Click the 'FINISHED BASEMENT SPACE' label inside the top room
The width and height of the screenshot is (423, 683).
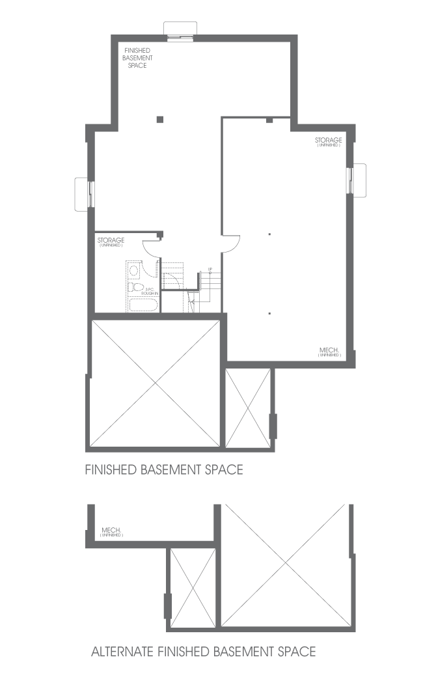click(137, 57)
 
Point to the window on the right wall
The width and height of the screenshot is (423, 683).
click(357, 178)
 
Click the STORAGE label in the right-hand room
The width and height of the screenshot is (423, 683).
click(328, 142)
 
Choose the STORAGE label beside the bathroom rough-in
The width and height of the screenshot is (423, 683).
click(111, 242)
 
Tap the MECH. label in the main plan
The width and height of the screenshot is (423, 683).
click(329, 352)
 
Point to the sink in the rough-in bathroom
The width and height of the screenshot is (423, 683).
click(134, 270)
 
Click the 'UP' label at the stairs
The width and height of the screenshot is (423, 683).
click(210, 269)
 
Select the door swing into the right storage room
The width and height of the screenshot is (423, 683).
click(232, 244)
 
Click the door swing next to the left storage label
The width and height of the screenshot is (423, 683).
click(151, 246)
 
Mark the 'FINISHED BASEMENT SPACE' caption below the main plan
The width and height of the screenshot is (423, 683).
click(164, 469)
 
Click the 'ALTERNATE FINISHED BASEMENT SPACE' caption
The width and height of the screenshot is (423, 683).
click(203, 651)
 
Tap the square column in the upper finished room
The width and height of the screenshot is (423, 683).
click(159, 118)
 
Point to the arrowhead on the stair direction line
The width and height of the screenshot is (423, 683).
click(191, 301)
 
